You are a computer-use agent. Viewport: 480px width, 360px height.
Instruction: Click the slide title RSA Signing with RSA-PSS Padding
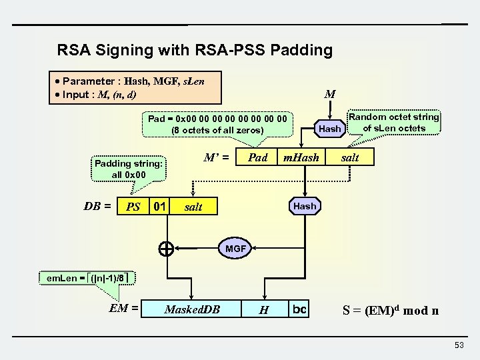195,50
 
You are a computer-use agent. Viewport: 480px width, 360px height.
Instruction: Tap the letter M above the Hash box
329,95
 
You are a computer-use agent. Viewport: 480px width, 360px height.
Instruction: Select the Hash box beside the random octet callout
329,128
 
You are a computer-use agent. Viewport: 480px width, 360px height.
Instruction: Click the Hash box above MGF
305,206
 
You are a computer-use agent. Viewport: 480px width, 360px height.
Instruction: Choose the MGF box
235,249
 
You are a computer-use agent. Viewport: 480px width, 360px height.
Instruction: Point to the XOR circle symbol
166,249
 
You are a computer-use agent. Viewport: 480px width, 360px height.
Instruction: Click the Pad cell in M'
257,157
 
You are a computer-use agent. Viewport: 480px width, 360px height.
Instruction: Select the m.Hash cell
301,157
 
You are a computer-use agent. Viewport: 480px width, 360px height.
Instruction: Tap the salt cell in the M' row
349,157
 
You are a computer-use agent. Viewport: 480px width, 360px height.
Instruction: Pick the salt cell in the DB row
193,207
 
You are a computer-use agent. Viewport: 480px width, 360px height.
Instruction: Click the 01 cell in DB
159,207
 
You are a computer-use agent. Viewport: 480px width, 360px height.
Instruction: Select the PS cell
133,207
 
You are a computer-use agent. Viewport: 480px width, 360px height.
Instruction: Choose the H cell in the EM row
264,309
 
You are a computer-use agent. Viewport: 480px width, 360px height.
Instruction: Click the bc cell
299,309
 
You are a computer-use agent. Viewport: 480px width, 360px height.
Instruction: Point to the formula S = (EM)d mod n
390,310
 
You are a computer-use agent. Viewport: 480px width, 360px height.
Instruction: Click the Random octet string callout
394,123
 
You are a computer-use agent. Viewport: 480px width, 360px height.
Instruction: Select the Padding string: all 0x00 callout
129,169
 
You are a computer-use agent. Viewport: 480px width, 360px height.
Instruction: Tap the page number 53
459,344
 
